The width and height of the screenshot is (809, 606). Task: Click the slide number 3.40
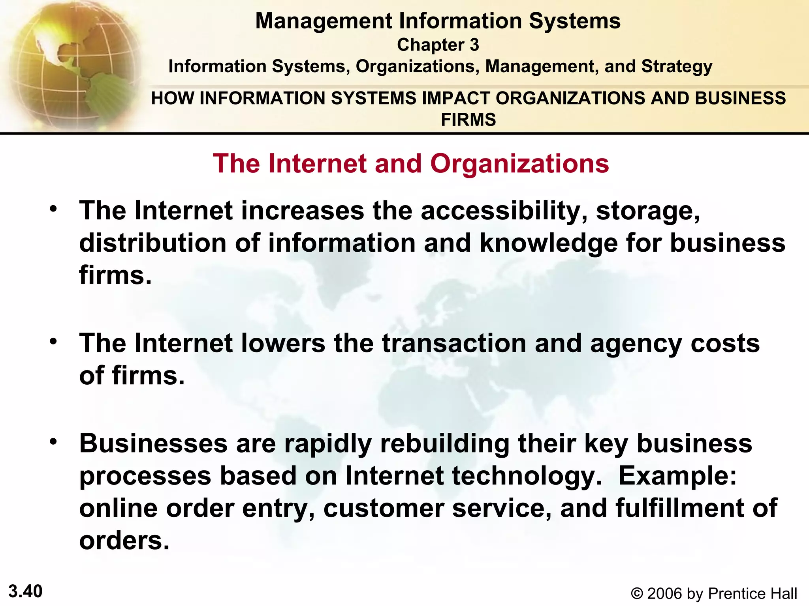coord(26,591)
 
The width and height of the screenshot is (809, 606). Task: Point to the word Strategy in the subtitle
coord(677,67)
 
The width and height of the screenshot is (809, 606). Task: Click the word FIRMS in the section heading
coord(468,120)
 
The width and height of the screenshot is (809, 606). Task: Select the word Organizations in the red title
coord(519,163)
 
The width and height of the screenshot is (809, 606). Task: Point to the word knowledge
coord(549,243)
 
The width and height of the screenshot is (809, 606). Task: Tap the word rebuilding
coord(445,444)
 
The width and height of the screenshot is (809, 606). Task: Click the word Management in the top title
coord(324,21)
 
